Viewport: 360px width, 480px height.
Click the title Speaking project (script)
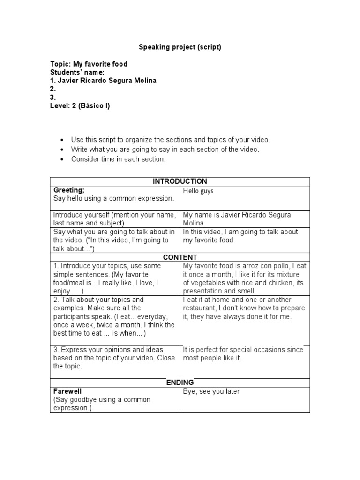tap(180, 47)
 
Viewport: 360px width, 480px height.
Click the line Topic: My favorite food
tap(89, 64)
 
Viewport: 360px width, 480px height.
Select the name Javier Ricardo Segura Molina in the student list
tap(103, 81)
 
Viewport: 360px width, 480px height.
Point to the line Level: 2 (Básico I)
tap(80, 106)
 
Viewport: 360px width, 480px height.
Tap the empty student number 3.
tap(53, 97)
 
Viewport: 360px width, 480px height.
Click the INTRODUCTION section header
tap(180, 181)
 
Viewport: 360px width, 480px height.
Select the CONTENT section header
tap(180, 257)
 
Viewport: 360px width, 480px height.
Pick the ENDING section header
tap(180, 382)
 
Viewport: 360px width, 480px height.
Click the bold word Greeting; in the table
tap(69, 190)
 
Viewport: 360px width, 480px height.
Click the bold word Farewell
tap(67, 391)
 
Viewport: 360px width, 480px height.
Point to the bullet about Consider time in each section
tap(118, 159)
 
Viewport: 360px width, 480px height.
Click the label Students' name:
tap(77, 72)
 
